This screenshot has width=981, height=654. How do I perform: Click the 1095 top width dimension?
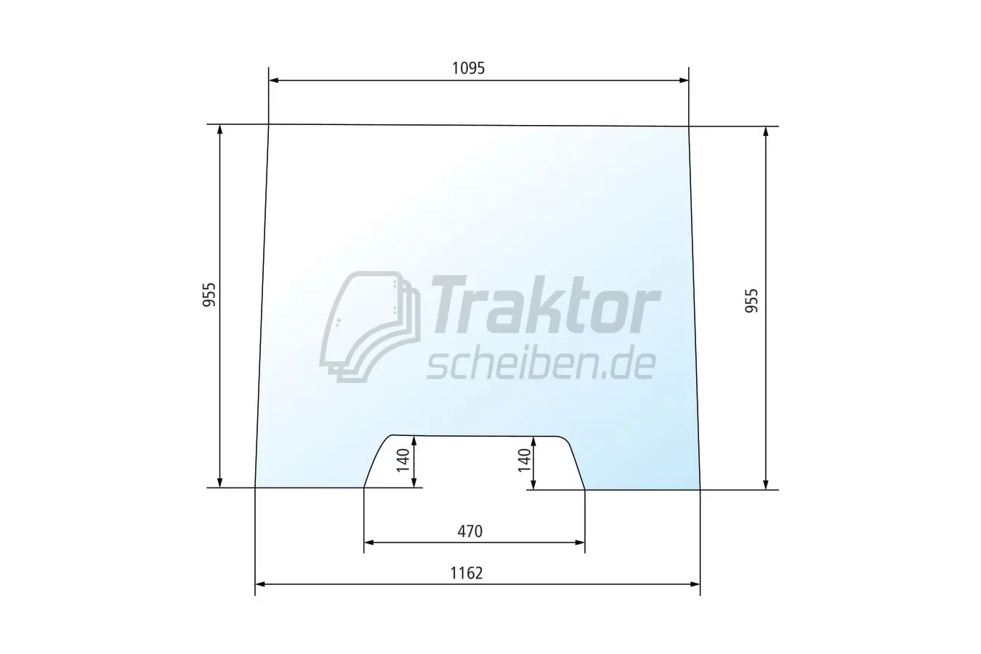[x=468, y=68]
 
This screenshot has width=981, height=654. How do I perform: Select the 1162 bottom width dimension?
[x=467, y=573]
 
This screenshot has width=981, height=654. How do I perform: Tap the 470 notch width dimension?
[x=470, y=531]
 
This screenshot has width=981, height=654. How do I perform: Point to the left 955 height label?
[x=209, y=294]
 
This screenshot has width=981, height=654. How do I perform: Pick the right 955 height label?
[x=751, y=301]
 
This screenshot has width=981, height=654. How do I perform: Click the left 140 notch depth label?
[x=403, y=461]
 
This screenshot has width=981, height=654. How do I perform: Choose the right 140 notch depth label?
[x=524, y=461]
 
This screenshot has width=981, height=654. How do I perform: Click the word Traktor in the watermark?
[x=546, y=305]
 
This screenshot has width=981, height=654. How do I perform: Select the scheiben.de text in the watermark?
[x=541, y=365]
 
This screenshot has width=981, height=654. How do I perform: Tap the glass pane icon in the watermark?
[x=370, y=326]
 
